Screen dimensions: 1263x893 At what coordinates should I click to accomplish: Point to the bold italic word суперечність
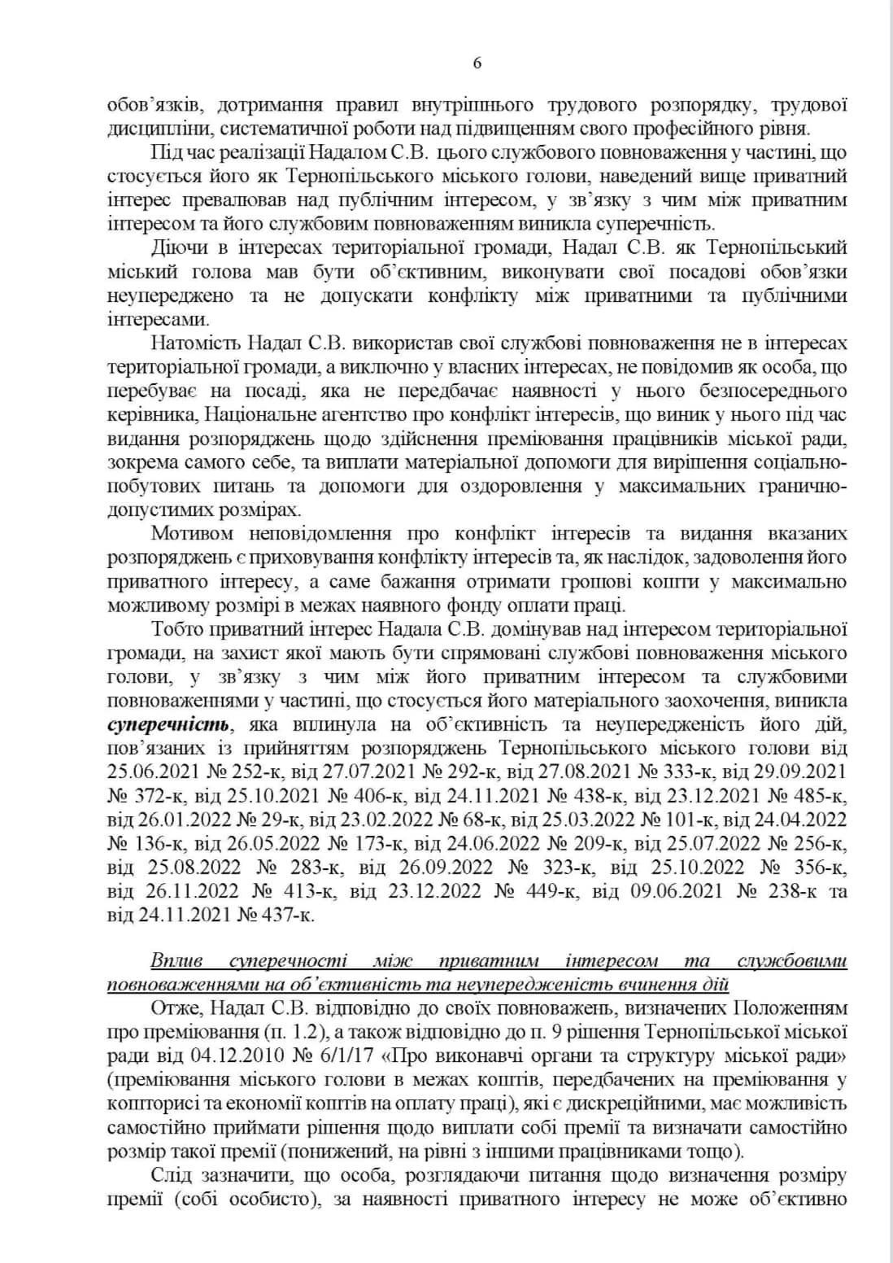coord(168,723)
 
